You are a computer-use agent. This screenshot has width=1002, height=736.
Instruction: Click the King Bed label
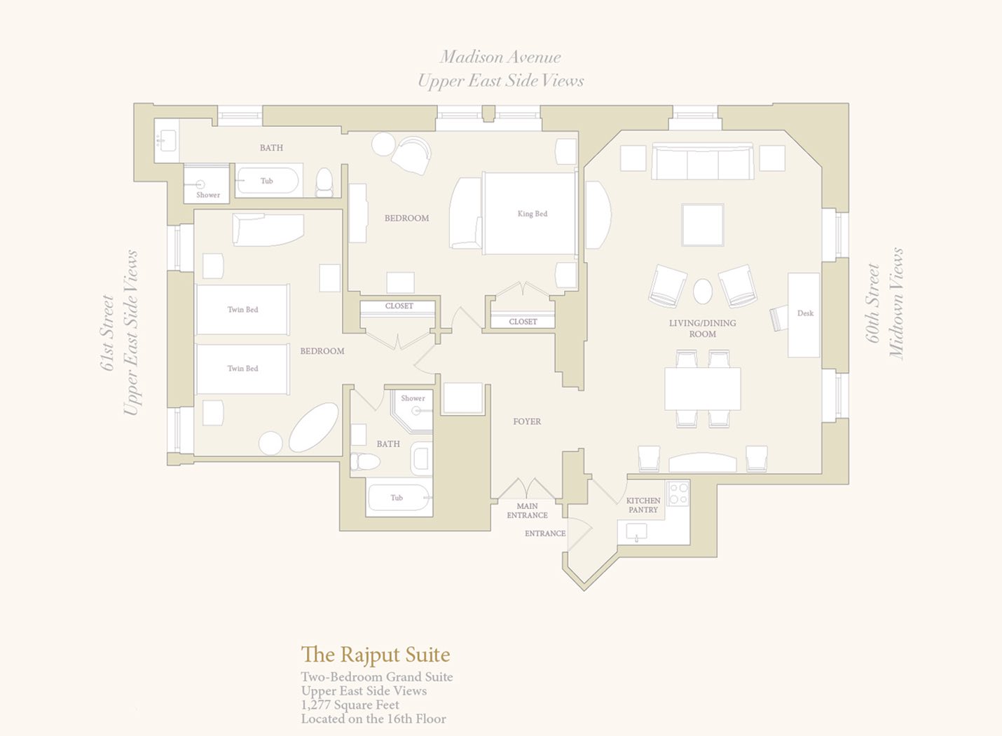533,214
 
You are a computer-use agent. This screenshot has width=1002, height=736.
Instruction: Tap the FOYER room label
527,421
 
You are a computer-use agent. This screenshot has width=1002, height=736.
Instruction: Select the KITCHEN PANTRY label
643,505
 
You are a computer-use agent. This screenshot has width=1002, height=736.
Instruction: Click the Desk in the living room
804,315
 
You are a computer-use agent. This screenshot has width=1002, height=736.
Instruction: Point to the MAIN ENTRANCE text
527,510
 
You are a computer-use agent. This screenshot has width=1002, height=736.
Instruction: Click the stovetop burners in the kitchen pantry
678,493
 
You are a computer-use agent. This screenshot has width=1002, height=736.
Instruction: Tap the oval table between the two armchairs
703,292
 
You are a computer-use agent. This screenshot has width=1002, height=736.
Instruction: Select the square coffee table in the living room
703,225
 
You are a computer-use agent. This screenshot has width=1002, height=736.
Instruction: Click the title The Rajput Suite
376,655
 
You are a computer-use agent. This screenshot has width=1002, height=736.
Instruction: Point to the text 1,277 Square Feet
350,705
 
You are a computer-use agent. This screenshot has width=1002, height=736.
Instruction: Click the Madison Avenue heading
500,57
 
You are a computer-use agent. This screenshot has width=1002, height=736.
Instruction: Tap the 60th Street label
873,304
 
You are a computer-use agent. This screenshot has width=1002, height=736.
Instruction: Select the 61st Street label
107,333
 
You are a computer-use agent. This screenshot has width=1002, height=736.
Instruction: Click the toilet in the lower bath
365,461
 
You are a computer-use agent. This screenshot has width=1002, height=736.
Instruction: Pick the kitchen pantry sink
636,533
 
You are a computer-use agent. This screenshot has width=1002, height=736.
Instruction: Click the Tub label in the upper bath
266,181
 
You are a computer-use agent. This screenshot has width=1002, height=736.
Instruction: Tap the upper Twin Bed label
242,310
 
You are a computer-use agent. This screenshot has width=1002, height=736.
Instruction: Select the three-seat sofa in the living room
702,161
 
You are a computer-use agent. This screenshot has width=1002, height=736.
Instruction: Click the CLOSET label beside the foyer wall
523,322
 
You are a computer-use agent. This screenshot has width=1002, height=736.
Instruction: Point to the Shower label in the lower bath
413,398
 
